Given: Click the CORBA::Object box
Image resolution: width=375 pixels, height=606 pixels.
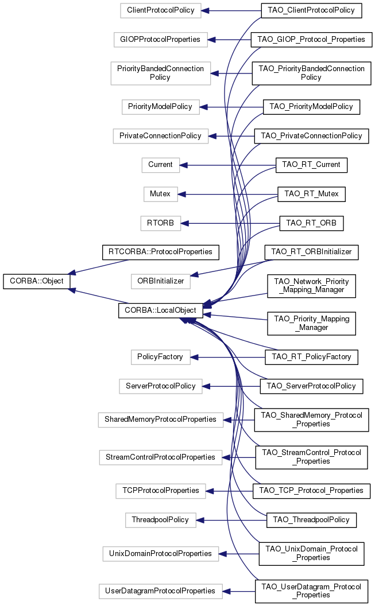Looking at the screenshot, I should click(x=37, y=282).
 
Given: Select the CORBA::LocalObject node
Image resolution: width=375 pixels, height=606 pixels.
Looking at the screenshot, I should click(x=160, y=310).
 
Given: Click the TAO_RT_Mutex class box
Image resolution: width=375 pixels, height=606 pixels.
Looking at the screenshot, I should click(x=311, y=194).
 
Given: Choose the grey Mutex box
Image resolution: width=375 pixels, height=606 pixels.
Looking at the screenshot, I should click(x=160, y=194).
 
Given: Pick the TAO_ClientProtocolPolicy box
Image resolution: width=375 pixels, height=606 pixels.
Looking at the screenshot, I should click(x=311, y=10).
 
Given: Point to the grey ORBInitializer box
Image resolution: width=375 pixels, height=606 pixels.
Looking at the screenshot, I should click(x=161, y=281).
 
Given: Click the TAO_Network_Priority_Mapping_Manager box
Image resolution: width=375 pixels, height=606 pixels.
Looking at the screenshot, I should click(x=311, y=286).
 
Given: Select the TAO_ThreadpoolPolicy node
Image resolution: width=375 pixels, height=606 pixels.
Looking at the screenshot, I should click(x=311, y=520).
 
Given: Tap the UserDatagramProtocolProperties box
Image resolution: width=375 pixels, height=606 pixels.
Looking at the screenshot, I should click(x=160, y=591).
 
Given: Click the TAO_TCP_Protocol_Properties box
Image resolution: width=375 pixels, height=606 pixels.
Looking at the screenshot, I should click(x=311, y=491).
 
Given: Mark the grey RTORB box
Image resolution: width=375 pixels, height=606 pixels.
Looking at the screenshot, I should click(x=160, y=223).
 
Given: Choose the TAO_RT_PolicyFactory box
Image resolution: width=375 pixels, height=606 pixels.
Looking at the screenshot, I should click(x=311, y=357).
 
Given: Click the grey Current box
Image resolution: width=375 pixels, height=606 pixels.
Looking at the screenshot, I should click(x=160, y=165).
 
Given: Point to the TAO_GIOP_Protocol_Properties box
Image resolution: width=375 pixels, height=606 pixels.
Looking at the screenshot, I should click(x=311, y=40).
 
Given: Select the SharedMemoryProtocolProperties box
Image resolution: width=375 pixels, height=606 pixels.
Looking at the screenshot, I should click(x=160, y=419).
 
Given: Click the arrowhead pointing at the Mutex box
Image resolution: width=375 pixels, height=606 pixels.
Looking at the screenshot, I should click(x=182, y=194).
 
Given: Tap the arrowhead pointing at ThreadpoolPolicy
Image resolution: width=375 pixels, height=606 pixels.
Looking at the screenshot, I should click(x=200, y=520).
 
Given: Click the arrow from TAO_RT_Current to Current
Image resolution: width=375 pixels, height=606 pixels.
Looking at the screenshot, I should click(x=230, y=165).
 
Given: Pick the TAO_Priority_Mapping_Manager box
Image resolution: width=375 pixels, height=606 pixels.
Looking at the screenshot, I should click(x=311, y=323).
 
